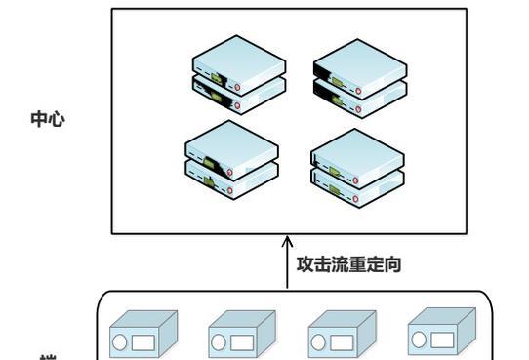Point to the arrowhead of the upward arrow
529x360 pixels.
click(287, 240)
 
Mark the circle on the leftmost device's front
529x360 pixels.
click(122, 340)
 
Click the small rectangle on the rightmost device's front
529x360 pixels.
click(443, 340)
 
